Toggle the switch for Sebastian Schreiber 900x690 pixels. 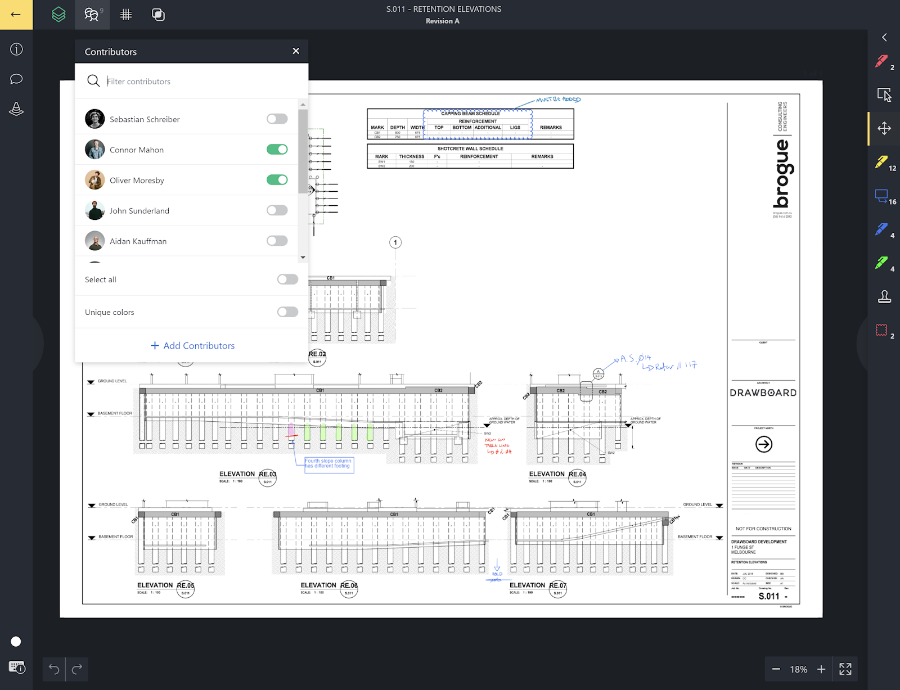[277, 119]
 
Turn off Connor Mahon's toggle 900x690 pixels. [277, 150]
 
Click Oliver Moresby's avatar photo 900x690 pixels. [94, 180]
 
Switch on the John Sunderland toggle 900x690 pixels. [277, 210]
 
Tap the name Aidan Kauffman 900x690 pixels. [138, 241]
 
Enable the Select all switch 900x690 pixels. [287, 279]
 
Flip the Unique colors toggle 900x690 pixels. [287, 312]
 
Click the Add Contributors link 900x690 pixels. [192, 346]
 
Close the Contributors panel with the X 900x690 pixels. [296, 51]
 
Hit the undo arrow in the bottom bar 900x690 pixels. [54, 669]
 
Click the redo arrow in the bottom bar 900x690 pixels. [77, 669]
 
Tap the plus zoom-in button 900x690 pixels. [821, 669]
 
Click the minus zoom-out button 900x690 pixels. [776, 669]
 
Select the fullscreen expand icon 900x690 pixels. [845, 669]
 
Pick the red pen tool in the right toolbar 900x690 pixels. [881, 61]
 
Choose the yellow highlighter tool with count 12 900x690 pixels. [881, 162]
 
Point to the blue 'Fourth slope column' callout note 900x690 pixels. [329, 464]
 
